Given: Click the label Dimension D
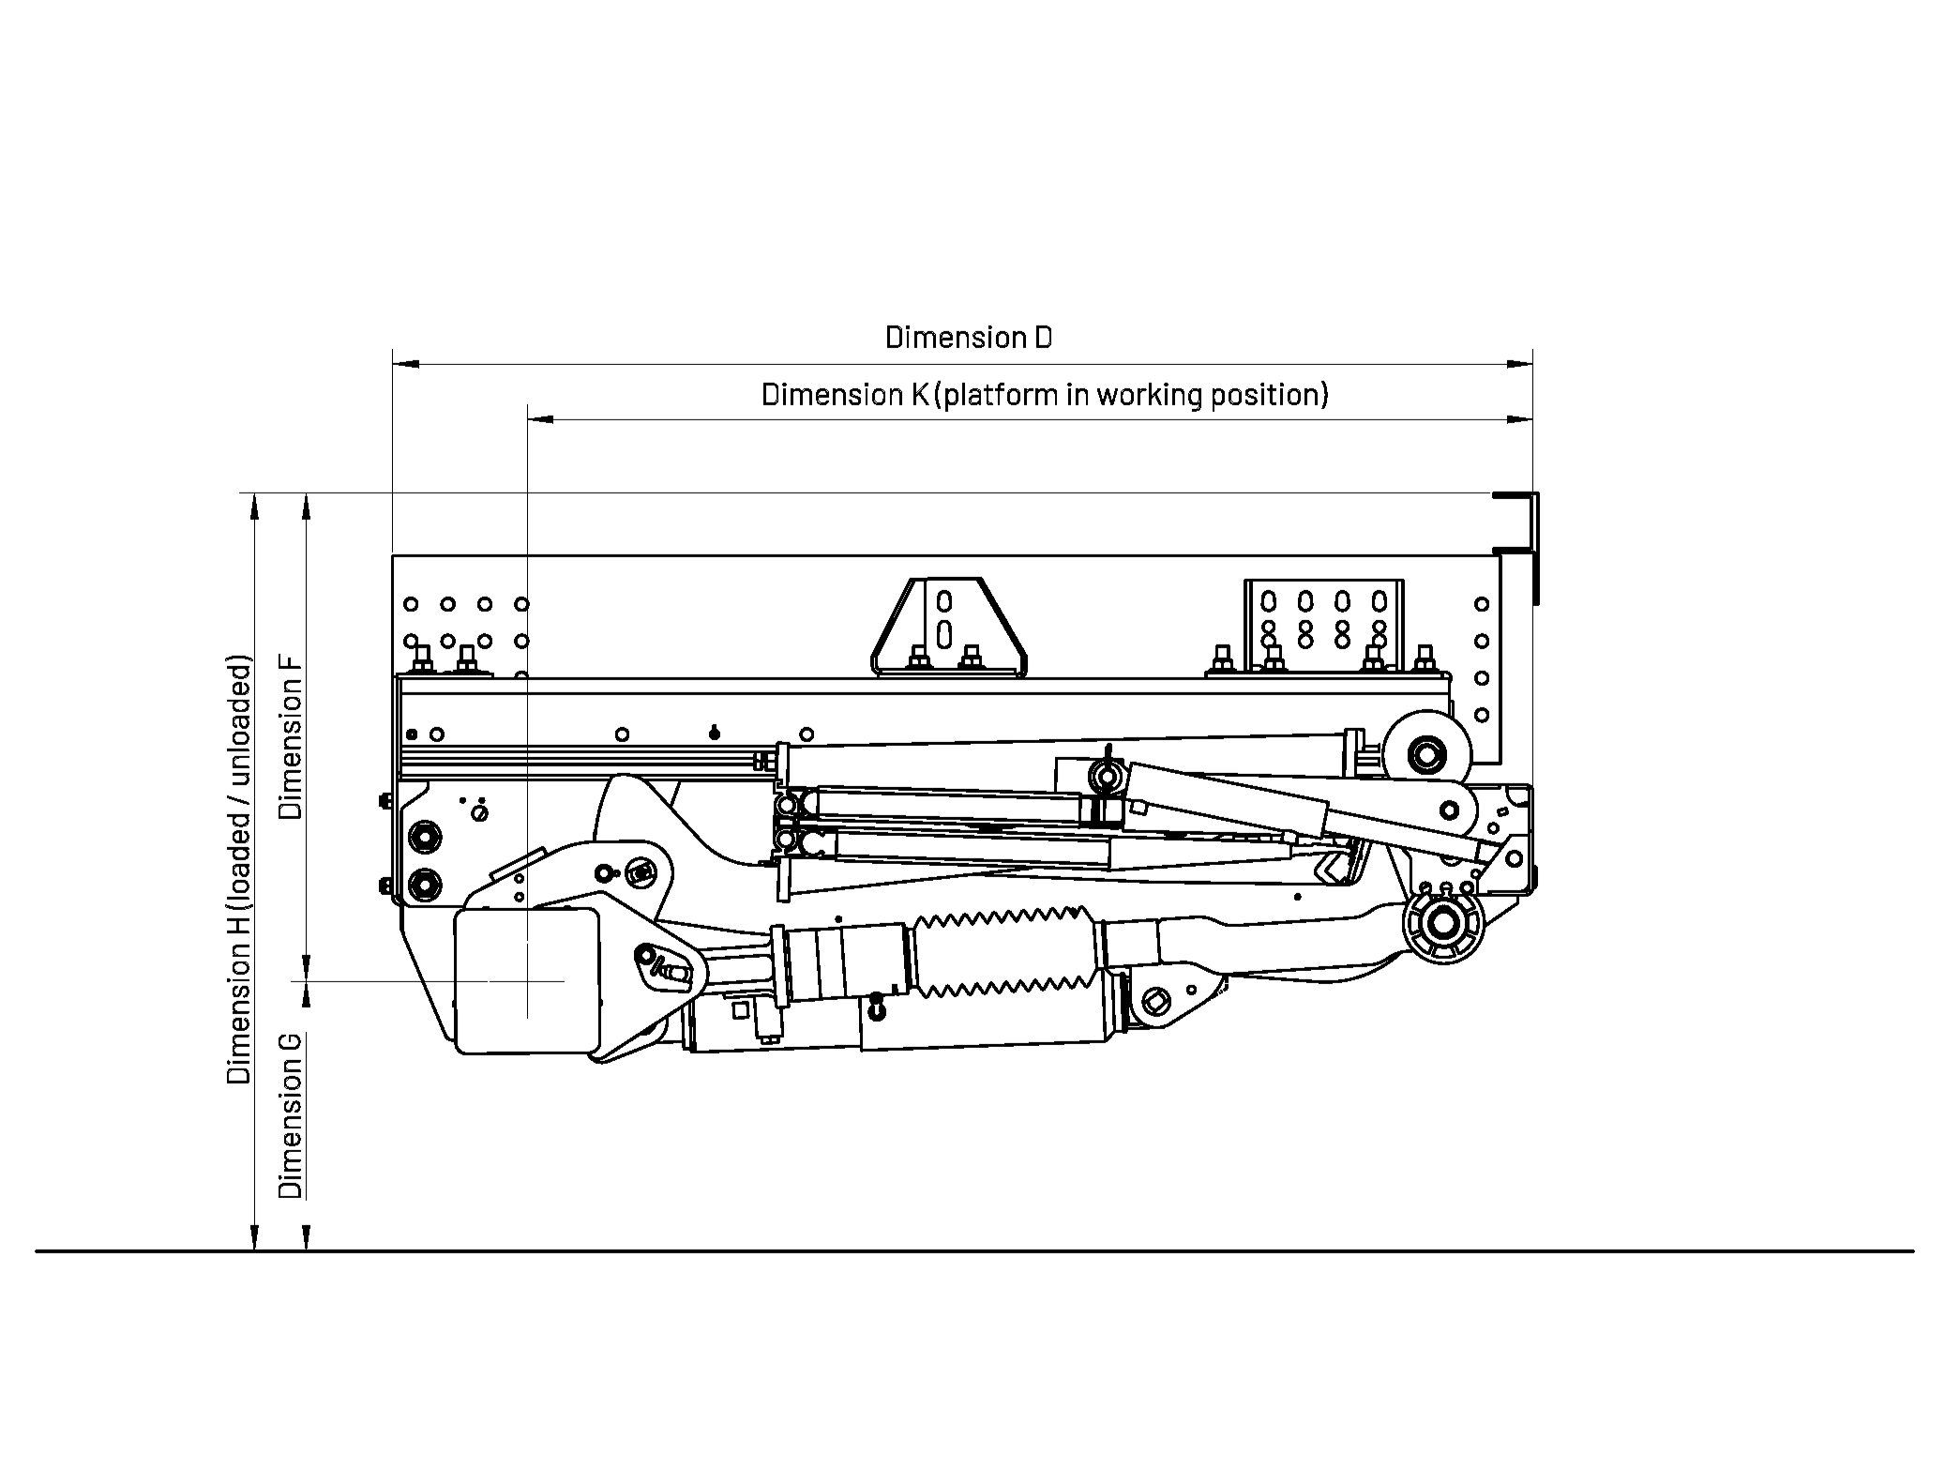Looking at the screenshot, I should (969, 338).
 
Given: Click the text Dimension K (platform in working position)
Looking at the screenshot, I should (1045, 395).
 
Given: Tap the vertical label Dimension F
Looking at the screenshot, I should (292, 735).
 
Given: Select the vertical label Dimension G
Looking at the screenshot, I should (292, 1115).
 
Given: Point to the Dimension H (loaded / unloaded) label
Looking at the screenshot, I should (239, 870).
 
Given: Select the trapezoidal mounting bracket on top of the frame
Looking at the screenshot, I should (949, 627).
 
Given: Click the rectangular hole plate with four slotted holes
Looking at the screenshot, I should (1323, 623).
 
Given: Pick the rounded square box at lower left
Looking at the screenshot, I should (526, 981).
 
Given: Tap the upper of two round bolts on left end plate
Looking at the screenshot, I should (423, 836).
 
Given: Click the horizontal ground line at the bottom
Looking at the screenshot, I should (975, 1250).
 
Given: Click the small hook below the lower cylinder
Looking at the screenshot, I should (876, 1009).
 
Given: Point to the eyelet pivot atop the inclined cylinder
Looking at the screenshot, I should (1107, 775).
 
